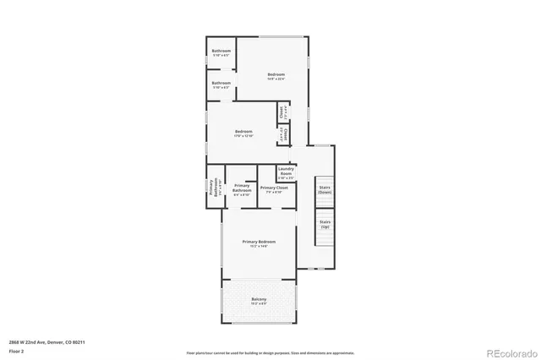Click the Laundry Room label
click(286, 171)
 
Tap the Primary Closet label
click(274, 188)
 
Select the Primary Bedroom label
click(260, 242)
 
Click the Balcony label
click(259, 299)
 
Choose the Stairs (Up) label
click(325, 225)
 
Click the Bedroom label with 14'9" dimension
click(276, 74)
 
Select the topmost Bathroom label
click(221, 52)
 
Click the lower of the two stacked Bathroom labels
click(221, 83)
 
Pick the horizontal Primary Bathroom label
click(243, 188)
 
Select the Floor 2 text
click(17, 350)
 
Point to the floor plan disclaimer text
click(270, 352)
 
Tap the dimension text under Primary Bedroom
click(260, 247)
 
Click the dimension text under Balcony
click(259, 303)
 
